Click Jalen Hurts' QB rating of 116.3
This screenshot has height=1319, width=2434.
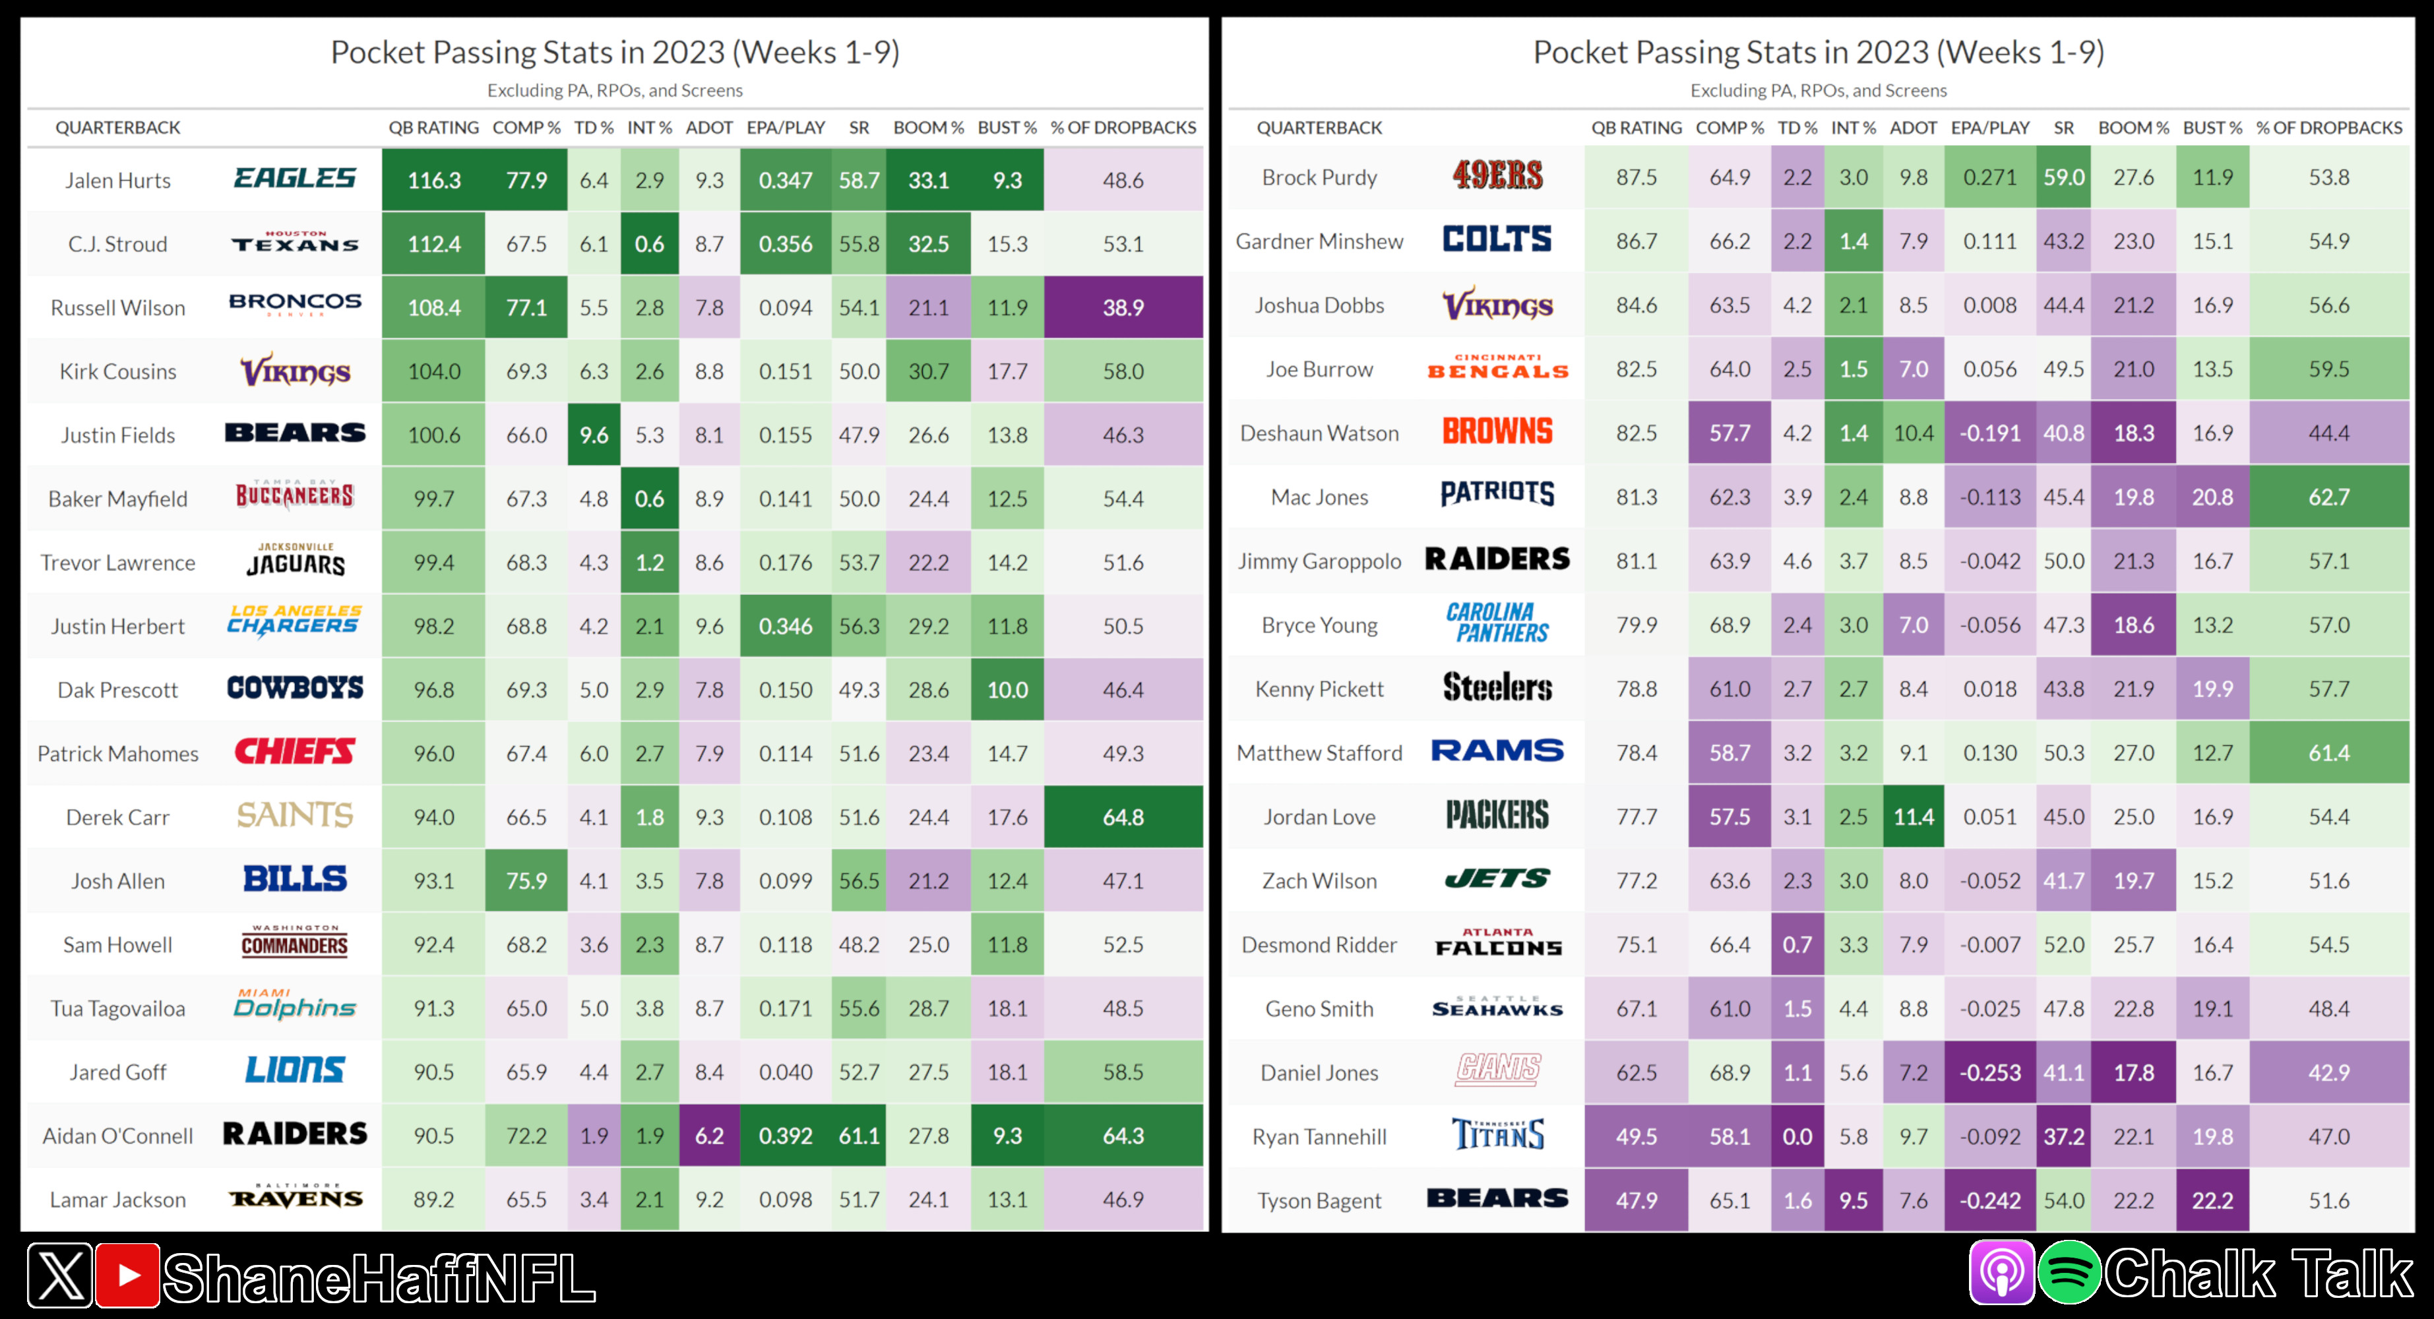pos(433,181)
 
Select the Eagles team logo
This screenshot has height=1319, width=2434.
pos(295,179)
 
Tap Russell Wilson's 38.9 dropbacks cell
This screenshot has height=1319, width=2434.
pos(1123,308)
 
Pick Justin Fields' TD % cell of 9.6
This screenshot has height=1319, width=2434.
pos(594,435)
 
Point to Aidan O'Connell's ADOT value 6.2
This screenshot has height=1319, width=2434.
pos(708,1136)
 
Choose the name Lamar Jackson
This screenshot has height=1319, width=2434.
pos(118,1200)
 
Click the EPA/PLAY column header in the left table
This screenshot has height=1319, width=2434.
pos(785,127)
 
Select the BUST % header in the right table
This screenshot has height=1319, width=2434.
pos(2212,127)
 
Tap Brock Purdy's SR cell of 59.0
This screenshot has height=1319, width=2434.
pos(2063,177)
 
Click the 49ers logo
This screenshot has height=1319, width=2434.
pos(1497,175)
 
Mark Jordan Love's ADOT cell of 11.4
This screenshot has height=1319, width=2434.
pos(1914,817)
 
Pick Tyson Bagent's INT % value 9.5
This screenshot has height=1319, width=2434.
pos(1853,1201)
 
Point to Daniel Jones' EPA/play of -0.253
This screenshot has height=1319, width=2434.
pos(1990,1074)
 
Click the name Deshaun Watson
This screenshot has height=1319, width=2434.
pos(1319,434)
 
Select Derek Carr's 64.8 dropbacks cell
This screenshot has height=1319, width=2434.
pos(1123,817)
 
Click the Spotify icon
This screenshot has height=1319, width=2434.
pos(2069,1273)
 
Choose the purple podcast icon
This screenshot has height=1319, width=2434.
pos(2001,1273)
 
